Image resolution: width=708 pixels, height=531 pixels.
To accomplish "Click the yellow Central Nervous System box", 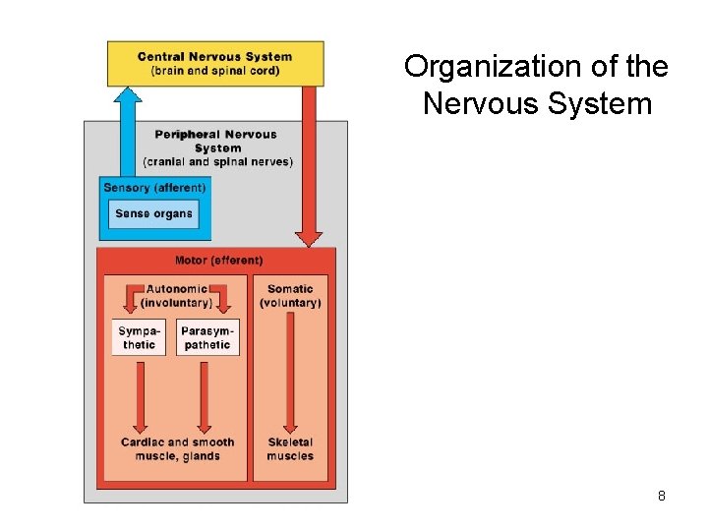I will point(214,63).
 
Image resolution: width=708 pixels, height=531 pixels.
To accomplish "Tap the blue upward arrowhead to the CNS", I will point(127,95).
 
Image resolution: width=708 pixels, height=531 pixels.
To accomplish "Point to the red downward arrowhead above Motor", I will point(309,237).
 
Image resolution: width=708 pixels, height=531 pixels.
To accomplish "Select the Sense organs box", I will point(154,213).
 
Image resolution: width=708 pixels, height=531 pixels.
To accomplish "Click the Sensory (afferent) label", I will point(154,188).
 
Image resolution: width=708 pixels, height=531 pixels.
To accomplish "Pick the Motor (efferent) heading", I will point(218,261).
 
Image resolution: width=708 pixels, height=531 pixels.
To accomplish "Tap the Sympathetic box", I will point(139,338).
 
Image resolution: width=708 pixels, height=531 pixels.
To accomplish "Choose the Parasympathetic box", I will point(207,338).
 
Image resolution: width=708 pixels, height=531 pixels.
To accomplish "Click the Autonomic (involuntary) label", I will point(176,295).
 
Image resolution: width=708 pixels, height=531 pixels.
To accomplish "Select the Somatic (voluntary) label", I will point(290,295).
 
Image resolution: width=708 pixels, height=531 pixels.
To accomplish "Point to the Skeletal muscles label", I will point(290,449).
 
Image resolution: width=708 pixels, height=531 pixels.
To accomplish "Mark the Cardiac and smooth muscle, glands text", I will point(177,449).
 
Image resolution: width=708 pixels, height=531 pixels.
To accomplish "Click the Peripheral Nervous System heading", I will point(216,141).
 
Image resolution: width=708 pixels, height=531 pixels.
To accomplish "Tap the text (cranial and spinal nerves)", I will point(217,162).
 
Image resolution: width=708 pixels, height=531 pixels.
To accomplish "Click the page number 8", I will point(662,496).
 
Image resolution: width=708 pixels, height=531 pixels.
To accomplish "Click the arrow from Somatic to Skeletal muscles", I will point(290,374).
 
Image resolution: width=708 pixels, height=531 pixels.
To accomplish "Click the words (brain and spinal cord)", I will point(214,71).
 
